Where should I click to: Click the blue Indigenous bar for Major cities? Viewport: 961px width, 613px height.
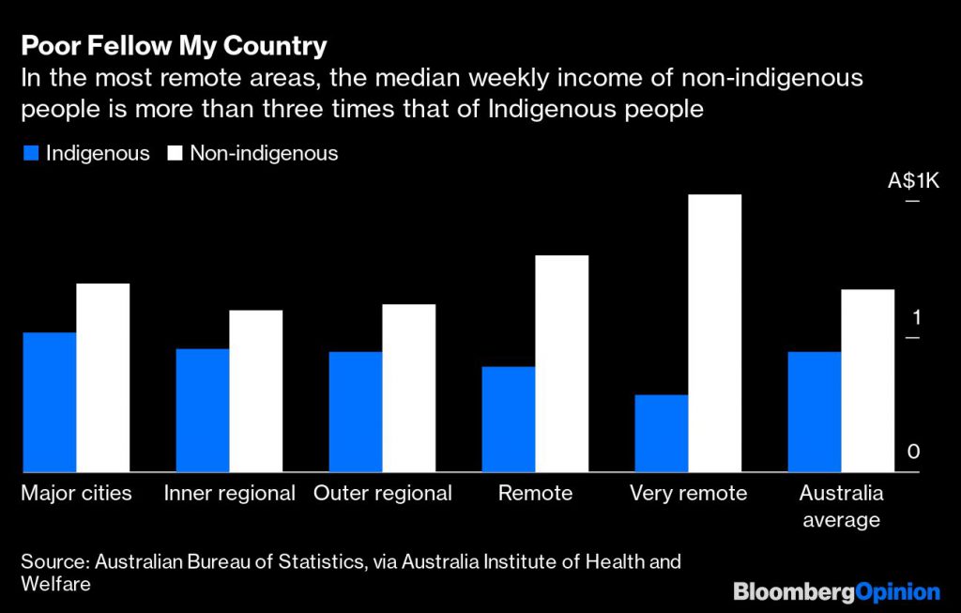(50, 402)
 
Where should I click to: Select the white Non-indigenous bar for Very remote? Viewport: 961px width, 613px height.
(714, 333)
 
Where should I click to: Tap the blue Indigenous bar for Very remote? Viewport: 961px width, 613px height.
(661, 433)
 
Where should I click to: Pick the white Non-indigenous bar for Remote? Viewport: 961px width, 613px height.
(561, 363)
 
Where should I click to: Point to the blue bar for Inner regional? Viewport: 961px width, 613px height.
(203, 410)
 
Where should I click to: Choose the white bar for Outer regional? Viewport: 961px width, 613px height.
(408, 388)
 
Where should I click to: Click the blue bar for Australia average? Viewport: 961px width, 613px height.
(814, 411)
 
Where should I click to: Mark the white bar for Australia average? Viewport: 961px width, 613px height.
(867, 380)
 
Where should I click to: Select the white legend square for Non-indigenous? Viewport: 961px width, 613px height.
(175, 153)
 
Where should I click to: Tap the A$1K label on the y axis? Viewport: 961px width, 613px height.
(913, 179)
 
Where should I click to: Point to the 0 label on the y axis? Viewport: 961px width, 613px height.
(914, 452)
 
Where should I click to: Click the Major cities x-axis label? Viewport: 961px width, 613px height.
(76, 493)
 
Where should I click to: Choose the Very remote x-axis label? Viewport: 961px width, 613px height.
(688, 493)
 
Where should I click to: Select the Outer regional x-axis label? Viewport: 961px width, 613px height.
(383, 493)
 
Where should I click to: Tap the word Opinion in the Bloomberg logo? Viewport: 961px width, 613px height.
(898, 591)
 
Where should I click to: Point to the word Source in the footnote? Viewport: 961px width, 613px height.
(55, 562)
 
